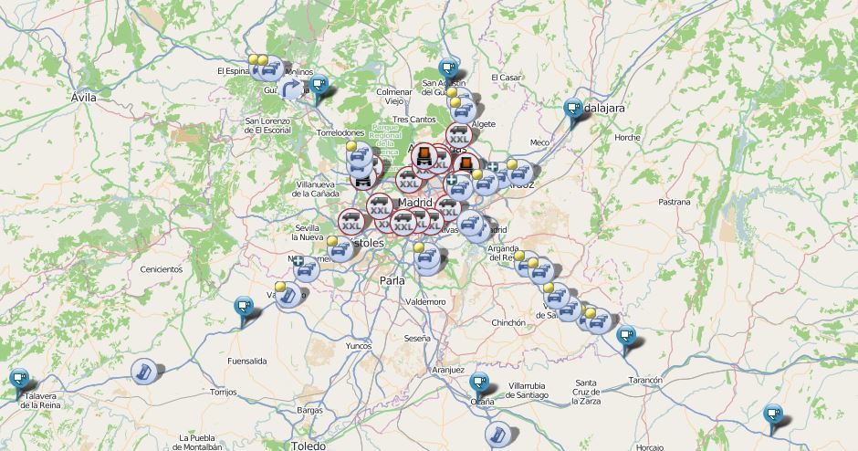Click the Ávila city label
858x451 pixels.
point(83,96)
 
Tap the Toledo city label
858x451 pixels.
point(308,446)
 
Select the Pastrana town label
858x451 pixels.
point(675,202)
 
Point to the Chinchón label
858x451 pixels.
point(508,322)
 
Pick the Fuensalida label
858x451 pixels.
point(247,361)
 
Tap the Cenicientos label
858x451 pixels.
point(161,269)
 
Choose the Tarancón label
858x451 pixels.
point(644,379)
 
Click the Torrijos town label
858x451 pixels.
point(223,392)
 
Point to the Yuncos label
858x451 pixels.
point(359,346)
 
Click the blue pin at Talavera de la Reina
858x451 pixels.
point(19,378)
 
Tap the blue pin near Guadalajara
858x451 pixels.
point(572,108)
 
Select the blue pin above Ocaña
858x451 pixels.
point(478,382)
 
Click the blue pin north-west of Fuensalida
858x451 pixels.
point(243,306)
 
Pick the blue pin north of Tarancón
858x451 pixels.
point(626,336)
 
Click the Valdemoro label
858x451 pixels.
point(425,301)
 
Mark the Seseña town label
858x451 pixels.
point(417,338)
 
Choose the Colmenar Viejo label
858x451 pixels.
point(394,96)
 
